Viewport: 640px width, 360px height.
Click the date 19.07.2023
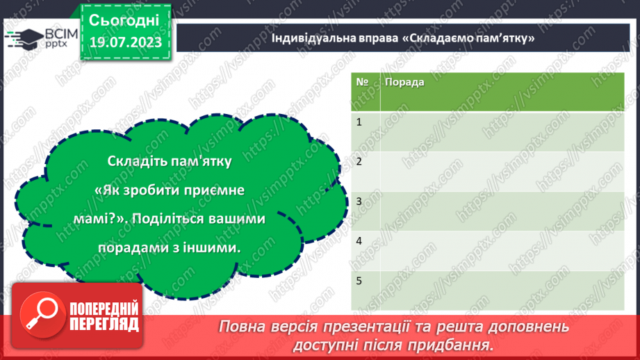[125, 42]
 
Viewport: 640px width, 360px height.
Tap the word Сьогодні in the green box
[125, 19]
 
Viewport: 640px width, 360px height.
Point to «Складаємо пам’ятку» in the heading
[468, 38]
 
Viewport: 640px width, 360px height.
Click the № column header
[361, 82]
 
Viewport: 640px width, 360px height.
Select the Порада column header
[404, 82]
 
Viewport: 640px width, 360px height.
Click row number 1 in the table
[359, 122]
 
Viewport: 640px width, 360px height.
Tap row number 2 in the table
[359, 162]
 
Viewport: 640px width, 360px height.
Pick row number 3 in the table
[359, 202]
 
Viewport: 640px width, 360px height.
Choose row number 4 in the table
[359, 241]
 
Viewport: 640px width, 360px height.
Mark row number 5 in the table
[359, 281]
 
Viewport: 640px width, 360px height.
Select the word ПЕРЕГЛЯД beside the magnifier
[104, 324]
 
